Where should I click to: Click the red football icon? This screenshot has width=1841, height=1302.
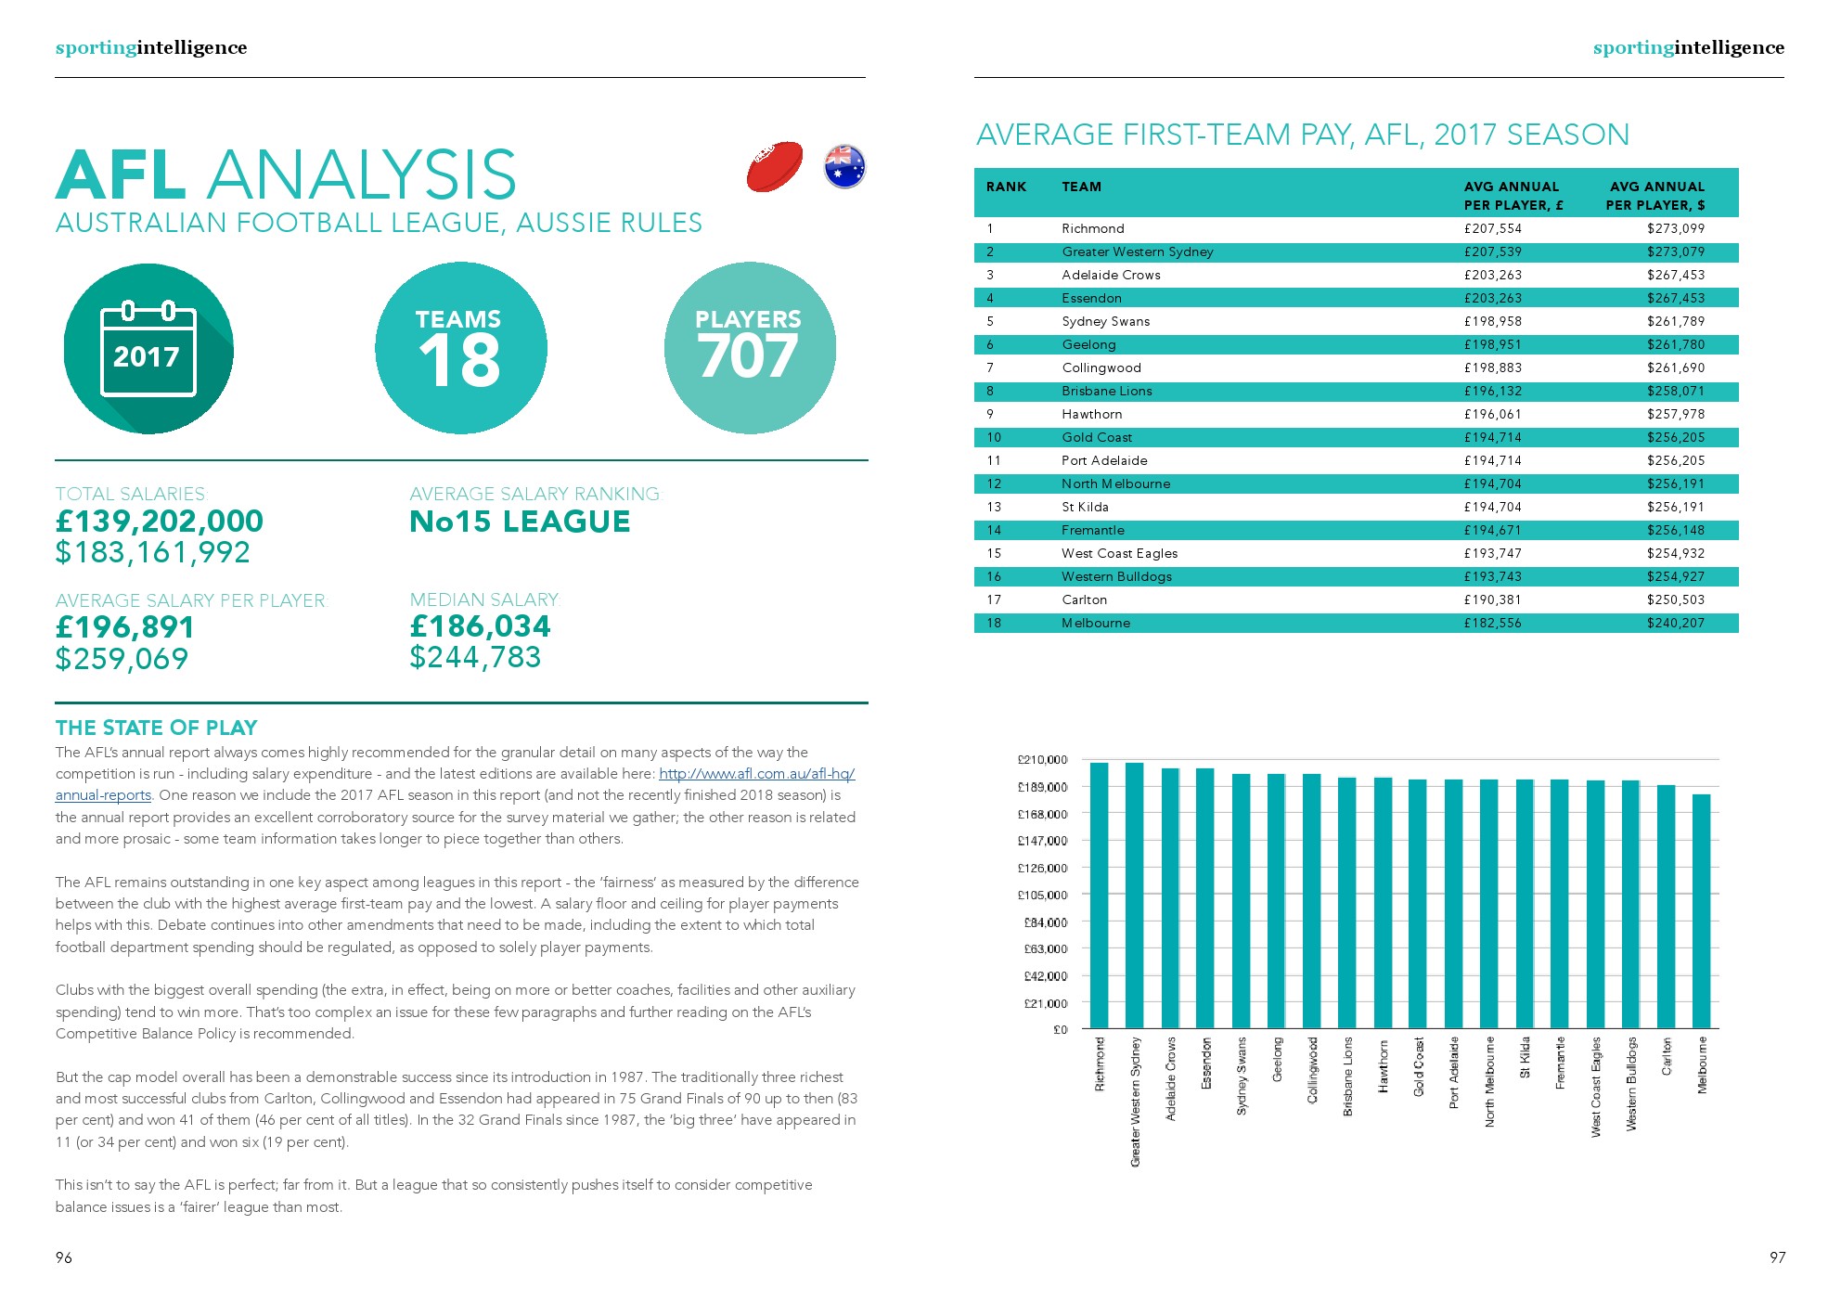tap(774, 167)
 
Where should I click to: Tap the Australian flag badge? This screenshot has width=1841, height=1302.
tap(844, 167)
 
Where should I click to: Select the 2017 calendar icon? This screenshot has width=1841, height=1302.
tap(148, 349)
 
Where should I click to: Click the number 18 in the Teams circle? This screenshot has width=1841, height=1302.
tap(459, 361)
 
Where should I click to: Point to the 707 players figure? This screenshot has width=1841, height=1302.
tap(748, 357)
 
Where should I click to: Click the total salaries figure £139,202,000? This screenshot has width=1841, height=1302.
tap(160, 522)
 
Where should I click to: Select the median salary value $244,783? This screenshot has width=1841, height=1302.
tap(475, 658)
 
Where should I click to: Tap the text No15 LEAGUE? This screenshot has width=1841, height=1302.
tap(520, 522)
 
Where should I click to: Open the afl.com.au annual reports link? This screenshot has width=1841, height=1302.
tap(756, 774)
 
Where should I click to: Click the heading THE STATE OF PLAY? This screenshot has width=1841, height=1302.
tap(156, 728)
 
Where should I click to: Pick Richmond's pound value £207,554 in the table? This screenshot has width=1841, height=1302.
tap(1492, 228)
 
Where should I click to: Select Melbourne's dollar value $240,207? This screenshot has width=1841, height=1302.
tap(1675, 623)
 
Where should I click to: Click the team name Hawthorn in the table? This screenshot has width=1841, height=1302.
tap(1091, 414)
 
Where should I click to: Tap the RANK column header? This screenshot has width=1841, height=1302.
tap(1006, 187)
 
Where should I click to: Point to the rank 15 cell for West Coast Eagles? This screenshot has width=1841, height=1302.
tap(994, 553)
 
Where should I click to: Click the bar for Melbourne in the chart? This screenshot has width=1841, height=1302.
tap(1701, 910)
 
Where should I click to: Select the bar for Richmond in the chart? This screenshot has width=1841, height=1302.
tap(1100, 895)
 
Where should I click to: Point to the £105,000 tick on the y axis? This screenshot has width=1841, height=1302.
tap(1042, 896)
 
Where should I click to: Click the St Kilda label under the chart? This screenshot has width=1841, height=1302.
tap(1525, 1059)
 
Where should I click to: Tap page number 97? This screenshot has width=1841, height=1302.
tap(1777, 1257)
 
